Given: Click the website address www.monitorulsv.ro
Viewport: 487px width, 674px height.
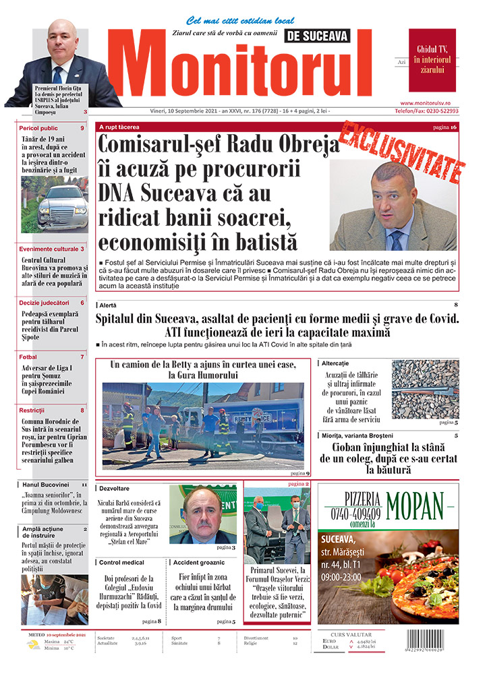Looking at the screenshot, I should click(x=429, y=102).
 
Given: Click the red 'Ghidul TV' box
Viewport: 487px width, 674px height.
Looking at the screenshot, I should click(x=432, y=59).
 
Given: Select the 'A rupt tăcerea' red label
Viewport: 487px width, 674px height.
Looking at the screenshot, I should click(x=119, y=127).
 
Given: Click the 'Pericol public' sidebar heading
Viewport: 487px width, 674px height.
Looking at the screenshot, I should click(x=39, y=128).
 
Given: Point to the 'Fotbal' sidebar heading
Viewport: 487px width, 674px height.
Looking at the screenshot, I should click(x=28, y=357).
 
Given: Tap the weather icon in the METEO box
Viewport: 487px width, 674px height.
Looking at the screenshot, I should click(x=32, y=645).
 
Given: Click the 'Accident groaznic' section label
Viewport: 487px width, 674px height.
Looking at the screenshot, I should click(x=200, y=561).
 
